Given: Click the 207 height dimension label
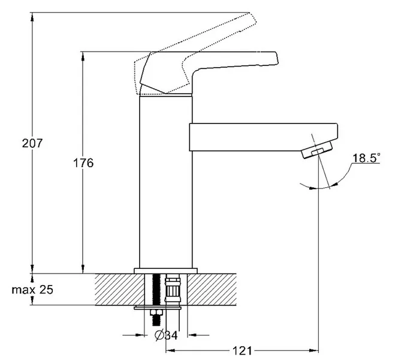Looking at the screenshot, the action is click(32, 143).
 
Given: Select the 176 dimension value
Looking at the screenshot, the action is click(83, 163).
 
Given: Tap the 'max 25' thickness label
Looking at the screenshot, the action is click(32, 290).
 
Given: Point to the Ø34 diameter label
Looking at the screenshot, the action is click(166, 335).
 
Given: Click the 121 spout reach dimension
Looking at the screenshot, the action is click(242, 350).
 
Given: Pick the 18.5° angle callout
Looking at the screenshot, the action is click(366, 158).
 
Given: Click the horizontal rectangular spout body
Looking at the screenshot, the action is click(263, 137).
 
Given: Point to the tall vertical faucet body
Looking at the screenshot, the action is click(165, 182).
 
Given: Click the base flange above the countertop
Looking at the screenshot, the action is click(165, 271).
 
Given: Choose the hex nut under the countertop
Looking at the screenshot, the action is click(156, 313).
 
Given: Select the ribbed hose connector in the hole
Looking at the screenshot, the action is click(173, 289).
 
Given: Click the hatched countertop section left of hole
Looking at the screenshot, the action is click(120, 289).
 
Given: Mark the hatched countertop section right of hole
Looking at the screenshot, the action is click(212, 289).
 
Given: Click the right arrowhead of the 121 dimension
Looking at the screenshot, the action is click(314, 350).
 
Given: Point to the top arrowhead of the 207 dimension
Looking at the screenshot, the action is click(32, 17).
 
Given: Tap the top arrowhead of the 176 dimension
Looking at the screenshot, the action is click(83, 56).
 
